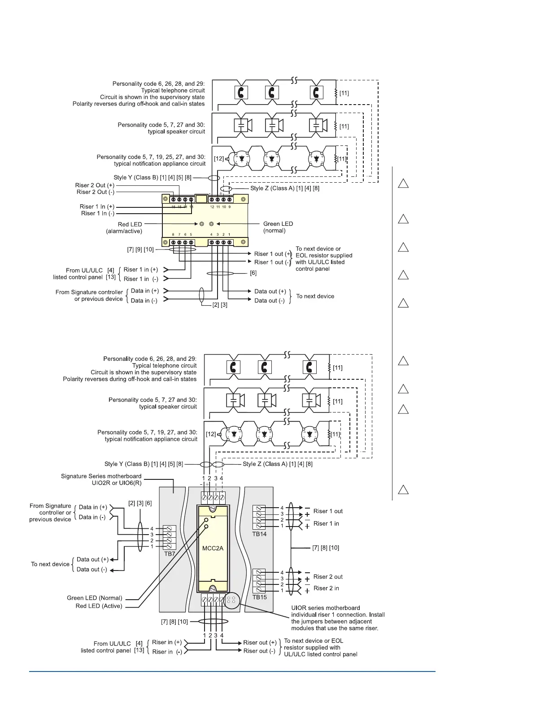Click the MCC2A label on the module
point(213,548)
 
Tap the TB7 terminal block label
point(169,554)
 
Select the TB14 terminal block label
point(259,534)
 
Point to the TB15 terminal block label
point(259,597)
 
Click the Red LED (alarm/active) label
point(130,228)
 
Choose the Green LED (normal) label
point(278,227)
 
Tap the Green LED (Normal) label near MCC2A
point(94,598)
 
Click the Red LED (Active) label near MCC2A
point(99,606)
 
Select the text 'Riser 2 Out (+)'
point(95,185)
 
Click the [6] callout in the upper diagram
point(253,273)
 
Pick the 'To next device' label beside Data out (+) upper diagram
point(315,296)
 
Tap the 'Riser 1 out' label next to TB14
point(328,511)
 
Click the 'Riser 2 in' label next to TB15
point(326,588)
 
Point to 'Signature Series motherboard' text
point(101,476)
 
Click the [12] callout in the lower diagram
point(211,434)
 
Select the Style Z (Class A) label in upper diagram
point(285,189)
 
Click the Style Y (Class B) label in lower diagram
point(144,464)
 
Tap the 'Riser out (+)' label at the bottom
point(259,643)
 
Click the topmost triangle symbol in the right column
point(403,184)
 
